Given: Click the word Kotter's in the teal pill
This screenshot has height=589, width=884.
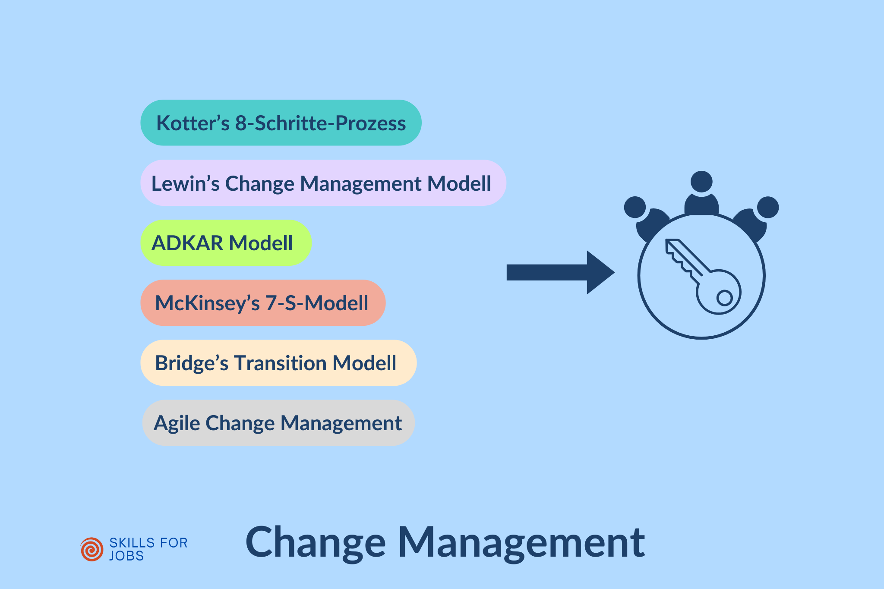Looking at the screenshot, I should (x=193, y=123).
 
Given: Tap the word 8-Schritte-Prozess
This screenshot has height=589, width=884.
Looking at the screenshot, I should (x=320, y=123).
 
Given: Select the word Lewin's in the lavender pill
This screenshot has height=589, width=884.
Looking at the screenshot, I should (x=186, y=183).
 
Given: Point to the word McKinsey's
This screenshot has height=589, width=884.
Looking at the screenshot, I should (x=207, y=303).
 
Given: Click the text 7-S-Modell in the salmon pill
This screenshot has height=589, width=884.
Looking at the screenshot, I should (x=317, y=303).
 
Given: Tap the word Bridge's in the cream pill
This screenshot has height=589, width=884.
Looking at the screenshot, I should (x=191, y=363).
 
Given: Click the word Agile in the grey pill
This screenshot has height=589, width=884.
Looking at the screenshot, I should (x=176, y=423).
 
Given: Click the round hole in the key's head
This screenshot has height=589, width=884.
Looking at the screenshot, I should (x=724, y=298).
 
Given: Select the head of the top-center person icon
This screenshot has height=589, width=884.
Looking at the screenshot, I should (x=701, y=182).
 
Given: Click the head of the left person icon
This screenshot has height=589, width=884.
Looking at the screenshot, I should (x=635, y=207).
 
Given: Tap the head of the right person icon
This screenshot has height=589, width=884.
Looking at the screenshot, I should (x=768, y=207).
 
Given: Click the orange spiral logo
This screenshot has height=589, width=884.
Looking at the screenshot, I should (x=92, y=549).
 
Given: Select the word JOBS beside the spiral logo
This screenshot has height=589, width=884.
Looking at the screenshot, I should (x=126, y=556).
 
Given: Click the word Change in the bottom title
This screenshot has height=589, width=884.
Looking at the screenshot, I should (x=315, y=543).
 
